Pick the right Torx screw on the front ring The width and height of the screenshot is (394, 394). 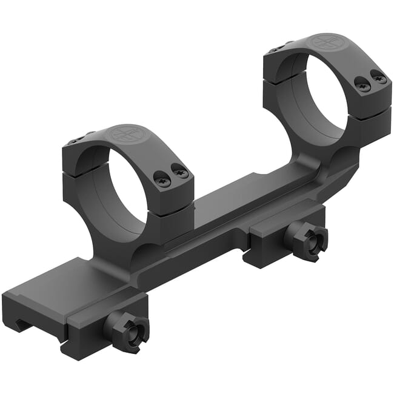pyautogui.click(x=181, y=172)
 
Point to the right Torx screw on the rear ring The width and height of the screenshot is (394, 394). pyautogui.click(x=379, y=78)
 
